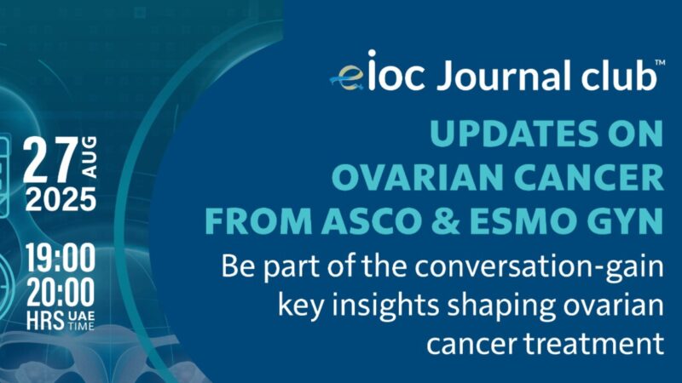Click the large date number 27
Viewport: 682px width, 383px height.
[49, 158]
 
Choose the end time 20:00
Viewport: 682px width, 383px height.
[60, 292]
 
